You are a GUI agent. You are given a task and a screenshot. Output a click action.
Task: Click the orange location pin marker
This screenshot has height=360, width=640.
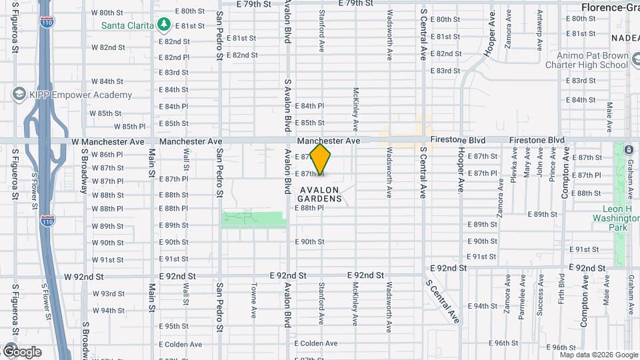(321, 159)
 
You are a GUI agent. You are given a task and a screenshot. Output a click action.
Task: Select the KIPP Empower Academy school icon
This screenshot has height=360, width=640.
(19, 95)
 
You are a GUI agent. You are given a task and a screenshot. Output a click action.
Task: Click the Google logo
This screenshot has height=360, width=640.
(21, 351)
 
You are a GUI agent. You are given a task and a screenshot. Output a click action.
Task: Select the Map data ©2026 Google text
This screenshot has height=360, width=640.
(598, 355)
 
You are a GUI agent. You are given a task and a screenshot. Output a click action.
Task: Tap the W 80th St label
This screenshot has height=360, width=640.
(107, 13)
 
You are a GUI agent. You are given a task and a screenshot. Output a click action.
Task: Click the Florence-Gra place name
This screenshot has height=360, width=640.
(609, 7)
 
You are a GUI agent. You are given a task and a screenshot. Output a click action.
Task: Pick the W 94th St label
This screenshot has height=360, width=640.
(108, 311)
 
